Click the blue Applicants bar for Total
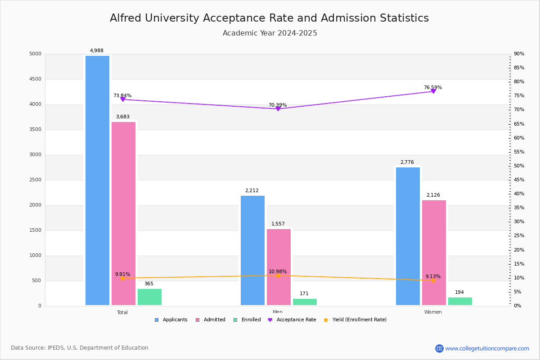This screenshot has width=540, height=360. click(97, 180)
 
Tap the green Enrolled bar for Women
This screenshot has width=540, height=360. click(460, 301)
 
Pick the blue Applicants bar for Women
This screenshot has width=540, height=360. click(408, 236)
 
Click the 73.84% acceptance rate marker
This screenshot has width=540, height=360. click(122, 99)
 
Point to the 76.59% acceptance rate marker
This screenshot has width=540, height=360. click(433, 91)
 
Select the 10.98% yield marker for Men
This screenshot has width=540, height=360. click(278, 275)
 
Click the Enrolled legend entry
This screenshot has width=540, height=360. click(247, 320)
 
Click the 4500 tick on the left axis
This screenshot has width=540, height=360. click(35, 79)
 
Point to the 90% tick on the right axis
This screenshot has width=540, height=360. click(519, 54)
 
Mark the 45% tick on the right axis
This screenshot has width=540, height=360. click(519, 180)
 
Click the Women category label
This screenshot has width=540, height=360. click(433, 312)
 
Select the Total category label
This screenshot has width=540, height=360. click(122, 312)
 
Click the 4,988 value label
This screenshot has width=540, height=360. click(97, 51)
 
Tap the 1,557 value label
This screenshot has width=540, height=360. click(278, 224)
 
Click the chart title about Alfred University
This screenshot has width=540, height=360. click(270, 18)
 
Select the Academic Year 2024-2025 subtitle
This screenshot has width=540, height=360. click(270, 33)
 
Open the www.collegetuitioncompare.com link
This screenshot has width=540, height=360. click(487, 348)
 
